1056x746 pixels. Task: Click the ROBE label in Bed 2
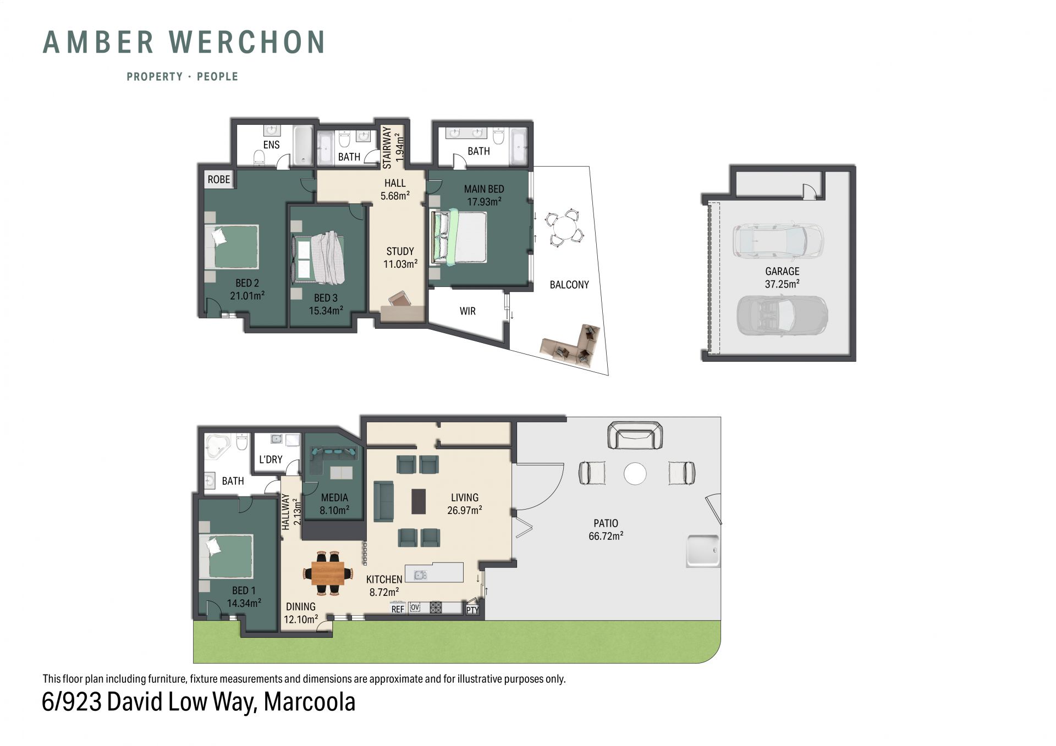click(x=218, y=179)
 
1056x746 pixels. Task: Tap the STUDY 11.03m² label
click(x=400, y=257)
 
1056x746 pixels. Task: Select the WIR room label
click(x=468, y=311)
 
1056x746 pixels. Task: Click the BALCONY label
click(x=569, y=285)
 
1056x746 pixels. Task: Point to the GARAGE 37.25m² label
click(x=782, y=278)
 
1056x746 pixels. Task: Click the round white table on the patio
click(x=635, y=474)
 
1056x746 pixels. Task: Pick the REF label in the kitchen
click(x=398, y=609)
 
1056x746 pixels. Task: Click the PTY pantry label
click(x=472, y=610)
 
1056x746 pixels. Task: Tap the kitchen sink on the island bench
click(x=420, y=575)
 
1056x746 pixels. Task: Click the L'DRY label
click(x=271, y=460)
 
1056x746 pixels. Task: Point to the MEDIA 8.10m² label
click(x=334, y=504)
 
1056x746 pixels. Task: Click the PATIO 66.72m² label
click(x=606, y=529)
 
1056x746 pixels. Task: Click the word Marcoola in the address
click(x=310, y=701)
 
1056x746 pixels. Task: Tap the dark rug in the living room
click(x=419, y=501)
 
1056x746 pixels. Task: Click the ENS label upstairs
click(x=271, y=145)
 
